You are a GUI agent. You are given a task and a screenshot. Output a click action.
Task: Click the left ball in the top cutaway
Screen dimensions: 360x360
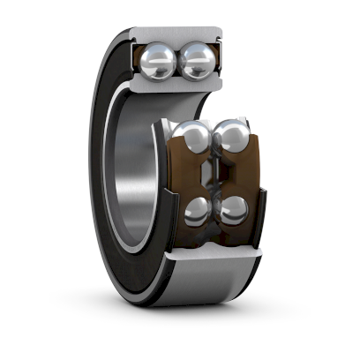(159, 61)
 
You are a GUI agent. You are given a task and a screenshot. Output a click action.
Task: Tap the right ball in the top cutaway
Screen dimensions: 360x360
(198, 61)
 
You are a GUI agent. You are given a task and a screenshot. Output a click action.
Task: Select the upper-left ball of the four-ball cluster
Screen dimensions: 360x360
(191, 139)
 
